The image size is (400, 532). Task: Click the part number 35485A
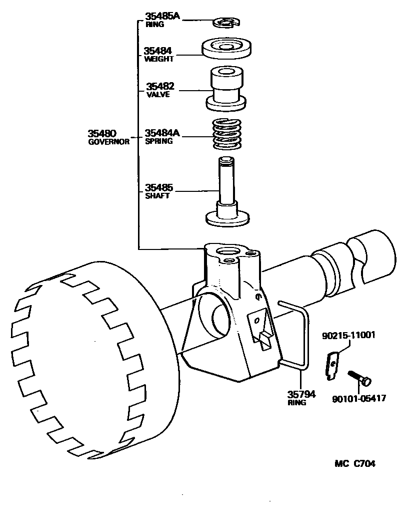tap(162, 16)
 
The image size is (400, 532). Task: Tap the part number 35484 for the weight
tap(158, 51)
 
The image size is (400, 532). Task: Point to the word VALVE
tap(157, 95)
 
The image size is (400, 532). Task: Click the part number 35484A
tap(162, 133)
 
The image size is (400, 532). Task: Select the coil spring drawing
tap(226, 134)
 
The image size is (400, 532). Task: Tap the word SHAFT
tap(157, 196)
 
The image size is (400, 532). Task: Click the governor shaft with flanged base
tap(227, 195)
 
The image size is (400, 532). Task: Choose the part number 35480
tap(102, 133)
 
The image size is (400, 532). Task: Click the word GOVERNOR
tap(108, 142)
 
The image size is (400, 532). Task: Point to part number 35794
tap(301, 394)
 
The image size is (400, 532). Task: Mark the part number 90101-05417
tap(358, 399)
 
